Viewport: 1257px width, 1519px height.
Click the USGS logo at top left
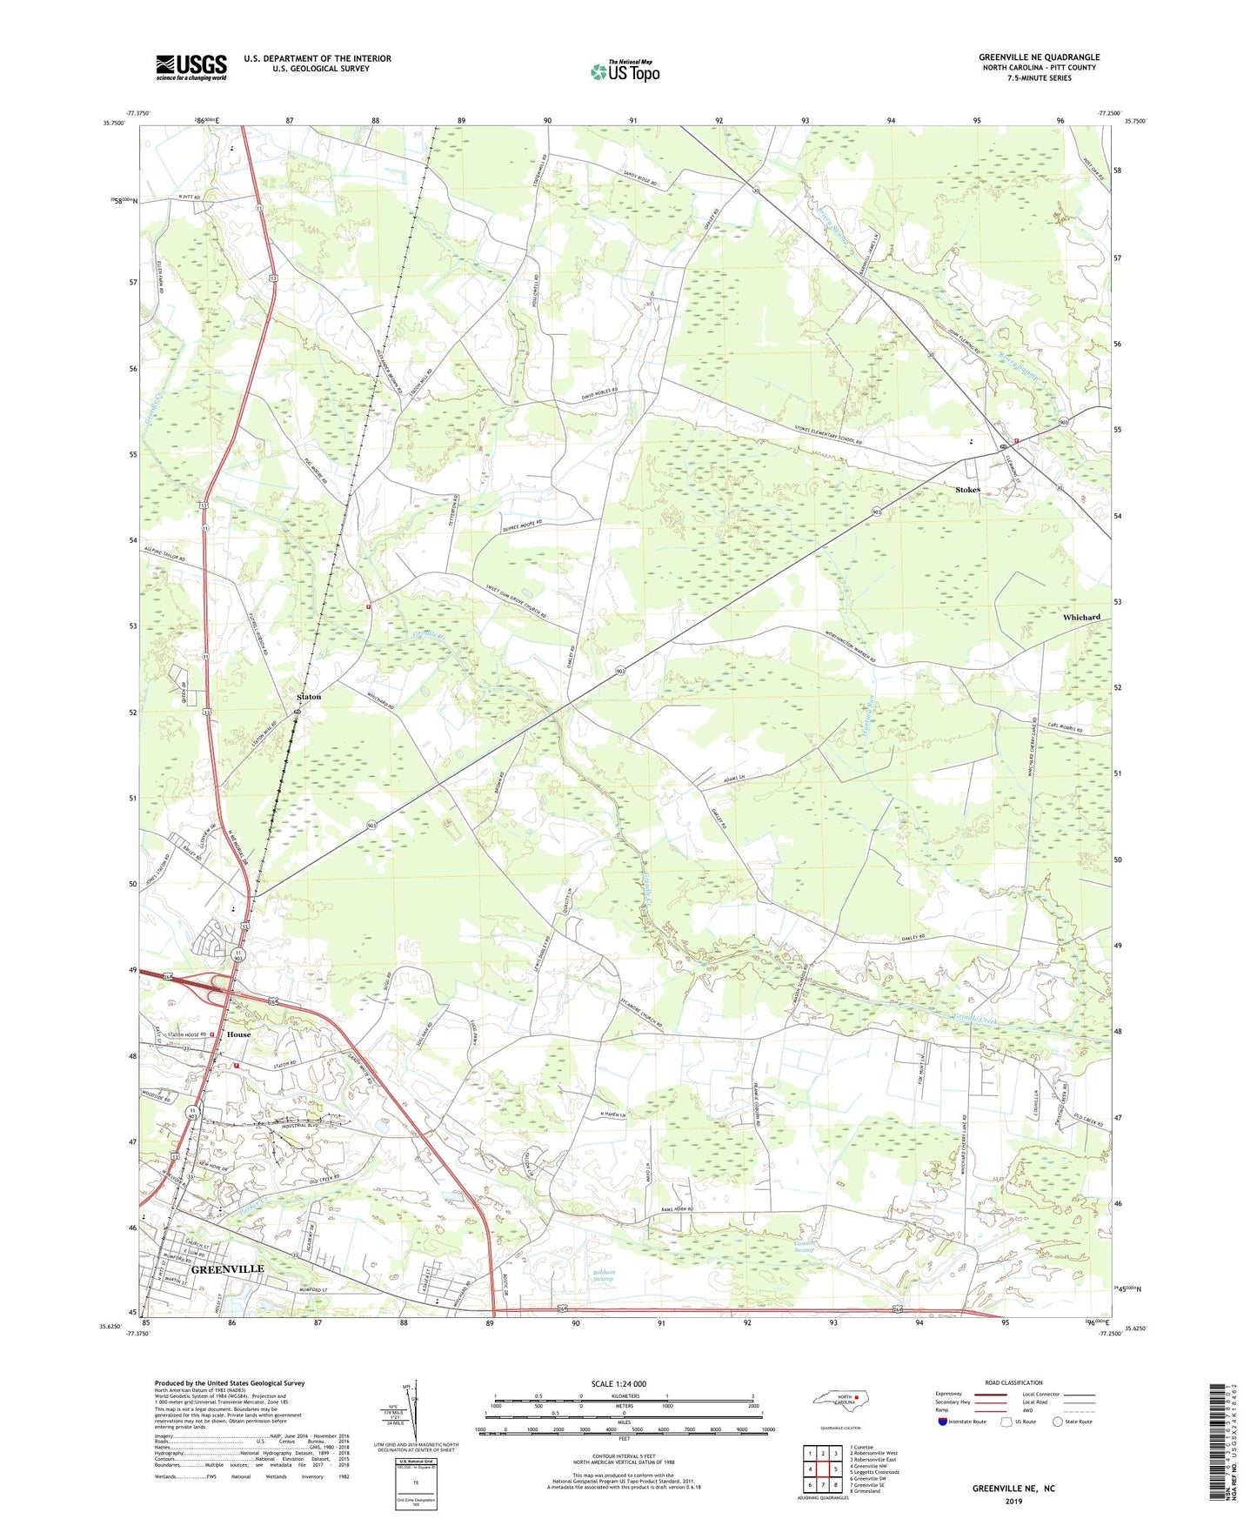point(191,67)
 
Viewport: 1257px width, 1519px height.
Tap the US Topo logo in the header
point(624,71)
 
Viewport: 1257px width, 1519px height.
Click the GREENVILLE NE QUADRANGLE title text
point(1039,57)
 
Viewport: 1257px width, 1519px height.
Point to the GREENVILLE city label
point(227,1269)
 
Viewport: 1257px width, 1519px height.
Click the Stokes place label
point(967,490)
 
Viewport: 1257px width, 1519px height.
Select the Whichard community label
point(1081,617)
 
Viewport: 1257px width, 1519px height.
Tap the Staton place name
point(309,697)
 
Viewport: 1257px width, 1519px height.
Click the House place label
point(238,1034)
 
